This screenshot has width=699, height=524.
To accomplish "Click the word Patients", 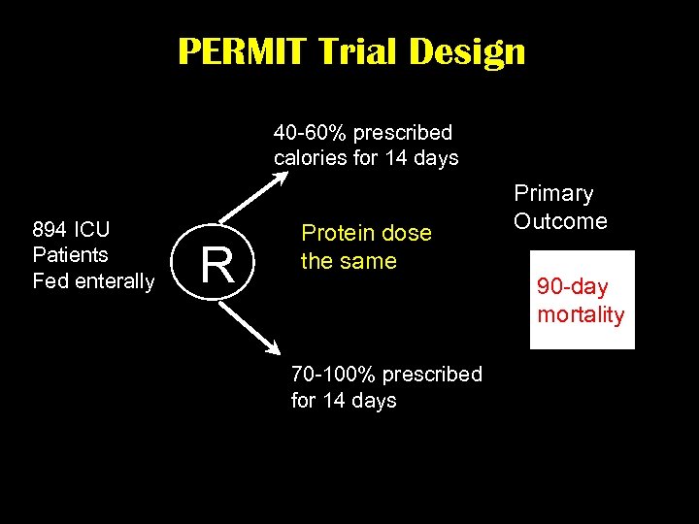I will pyautogui.click(x=70, y=255).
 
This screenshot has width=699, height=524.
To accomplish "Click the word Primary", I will pyautogui.click(x=553, y=194).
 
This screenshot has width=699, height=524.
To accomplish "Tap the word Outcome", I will pyautogui.click(x=560, y=221).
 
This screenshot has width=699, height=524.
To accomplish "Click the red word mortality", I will pyautogui.click(x=581, y=314).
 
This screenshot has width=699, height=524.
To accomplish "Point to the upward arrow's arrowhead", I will pyautogui.click(x=281, y=177).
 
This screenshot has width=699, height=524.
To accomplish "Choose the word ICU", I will pyautogui.click(x=92, y=230).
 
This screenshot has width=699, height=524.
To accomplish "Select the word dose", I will pyautogui.click(x=409, y=233).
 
